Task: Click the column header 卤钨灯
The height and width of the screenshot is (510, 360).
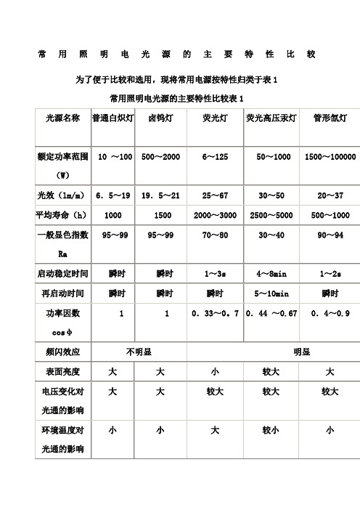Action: click(160, 117)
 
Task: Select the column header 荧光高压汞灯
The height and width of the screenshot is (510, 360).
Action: click(272, 117)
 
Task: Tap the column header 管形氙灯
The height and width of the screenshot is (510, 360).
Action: click(330, 117)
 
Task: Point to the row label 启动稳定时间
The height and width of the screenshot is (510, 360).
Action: click(62, 274)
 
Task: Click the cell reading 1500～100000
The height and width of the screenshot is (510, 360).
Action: click(330, 157)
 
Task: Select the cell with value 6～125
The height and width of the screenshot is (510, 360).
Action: click(215, 157)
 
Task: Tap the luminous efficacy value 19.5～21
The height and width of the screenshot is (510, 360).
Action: click(160, 196)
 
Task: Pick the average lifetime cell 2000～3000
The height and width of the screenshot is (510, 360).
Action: click(215, 216)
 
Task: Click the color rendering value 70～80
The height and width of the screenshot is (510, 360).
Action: click(215, 235)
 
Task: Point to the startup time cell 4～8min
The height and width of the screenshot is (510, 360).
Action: click(272, 274)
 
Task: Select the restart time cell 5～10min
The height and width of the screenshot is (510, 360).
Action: click(272, 294)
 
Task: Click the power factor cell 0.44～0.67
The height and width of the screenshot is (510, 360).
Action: click(272, 313)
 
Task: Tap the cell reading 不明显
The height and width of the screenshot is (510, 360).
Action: click(138, 352)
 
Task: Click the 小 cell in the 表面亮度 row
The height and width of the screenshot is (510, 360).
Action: click(215, 371)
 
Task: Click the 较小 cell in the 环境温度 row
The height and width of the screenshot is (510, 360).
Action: click(272, 430)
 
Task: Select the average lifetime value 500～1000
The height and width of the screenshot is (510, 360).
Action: click(330, 216)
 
